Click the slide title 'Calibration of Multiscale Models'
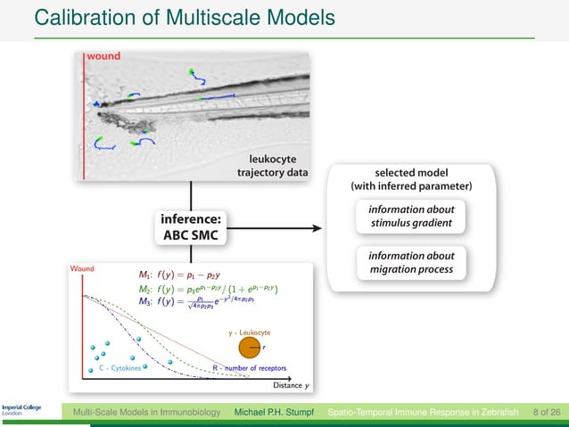point(184,17)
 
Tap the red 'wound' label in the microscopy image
point(103,55)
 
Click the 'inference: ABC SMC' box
point(191,226)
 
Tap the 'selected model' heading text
point(411,172)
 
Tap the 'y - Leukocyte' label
point(251,331)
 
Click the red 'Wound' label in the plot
point(85,267)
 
